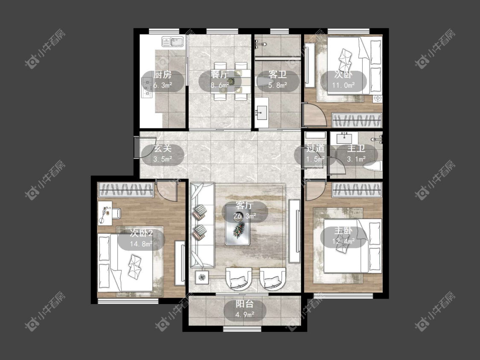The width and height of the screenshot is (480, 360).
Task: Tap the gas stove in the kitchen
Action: pyautogui.click(x=147, y=87)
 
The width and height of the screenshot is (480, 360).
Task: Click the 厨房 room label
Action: pyautogui.click(x=163, y=74)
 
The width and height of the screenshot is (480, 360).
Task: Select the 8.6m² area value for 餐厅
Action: pyautogui.click(x=220, y=85)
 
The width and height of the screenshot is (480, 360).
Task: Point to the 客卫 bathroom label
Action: pyautogui.click(x=278, y=74)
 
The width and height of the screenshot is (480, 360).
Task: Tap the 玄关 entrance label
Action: pyautogui.click(x=163, y=148)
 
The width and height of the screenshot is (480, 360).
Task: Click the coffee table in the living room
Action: pyautogui.click(x=238, y=225)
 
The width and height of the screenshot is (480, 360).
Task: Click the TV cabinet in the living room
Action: pyautogui.click(x=294, y=231)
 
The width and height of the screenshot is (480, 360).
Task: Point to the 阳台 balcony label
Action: pyautogui.click(x=244, y=304)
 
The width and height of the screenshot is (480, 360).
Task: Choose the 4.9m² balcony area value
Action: pyautogui.click(x=244, y=314)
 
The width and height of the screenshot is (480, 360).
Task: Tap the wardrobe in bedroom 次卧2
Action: pyautogui.click(x=126, y=190)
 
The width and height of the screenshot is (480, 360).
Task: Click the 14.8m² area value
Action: pyautogui.click(x=141, y=244)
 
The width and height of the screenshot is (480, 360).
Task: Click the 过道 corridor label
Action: pyautogui.click(x=316, y=148)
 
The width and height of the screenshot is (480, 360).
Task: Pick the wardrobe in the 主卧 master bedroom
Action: pyautogui.click(x=357, y=190)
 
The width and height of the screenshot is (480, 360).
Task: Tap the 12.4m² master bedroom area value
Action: pyautogui.click(x=343, y=241)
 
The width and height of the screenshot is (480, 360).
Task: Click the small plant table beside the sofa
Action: pyautogui.click(x=202, y=277)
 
